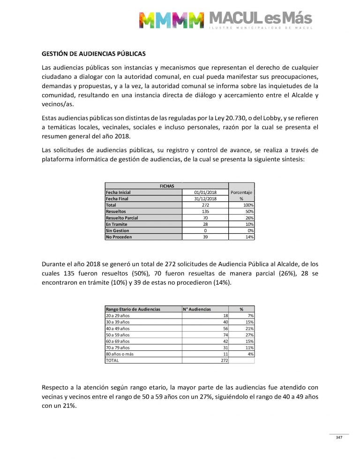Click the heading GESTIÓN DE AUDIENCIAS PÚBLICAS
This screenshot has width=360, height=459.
(x=93, y=53)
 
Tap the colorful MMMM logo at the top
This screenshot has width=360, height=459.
(x=171, y=20)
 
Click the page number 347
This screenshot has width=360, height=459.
(x=339, y=437)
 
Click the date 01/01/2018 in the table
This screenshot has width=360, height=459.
(x=205, y=192)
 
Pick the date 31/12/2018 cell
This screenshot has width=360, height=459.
(x=205, y=199)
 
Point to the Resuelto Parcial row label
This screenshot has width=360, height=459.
(x=122, y=218)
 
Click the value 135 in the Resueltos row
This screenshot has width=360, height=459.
(x=205, y=211)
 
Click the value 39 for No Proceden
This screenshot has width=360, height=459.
(x=205, y=237)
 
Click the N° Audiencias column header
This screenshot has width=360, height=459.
(x=197, y=309)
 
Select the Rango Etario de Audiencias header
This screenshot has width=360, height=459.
(x=133, y=309)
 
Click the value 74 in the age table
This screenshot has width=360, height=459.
(x=225, y=335)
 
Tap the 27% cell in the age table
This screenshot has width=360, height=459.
(x=250, y=335)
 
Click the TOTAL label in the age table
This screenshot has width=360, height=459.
(x=113, y=361)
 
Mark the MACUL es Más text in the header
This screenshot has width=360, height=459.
(x=260, y=19)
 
